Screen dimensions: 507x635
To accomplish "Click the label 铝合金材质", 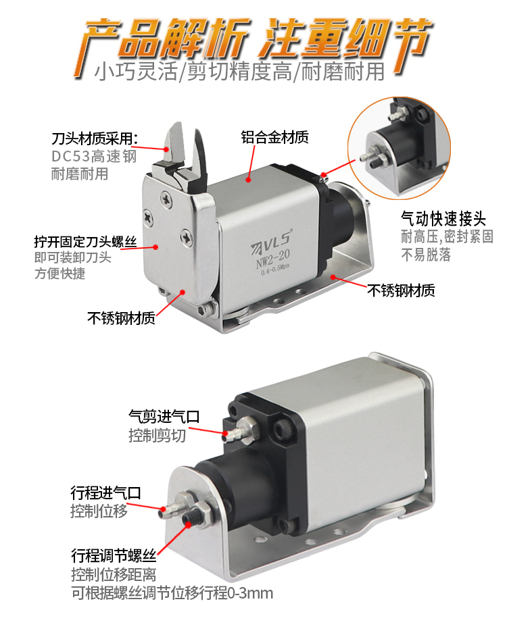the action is (274, 137).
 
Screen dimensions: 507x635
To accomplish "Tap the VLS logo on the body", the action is (271, 241).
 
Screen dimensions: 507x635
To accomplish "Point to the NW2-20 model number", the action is (272, 259).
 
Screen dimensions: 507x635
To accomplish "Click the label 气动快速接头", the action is (443, 219).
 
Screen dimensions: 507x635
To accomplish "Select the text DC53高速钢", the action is (93, 156).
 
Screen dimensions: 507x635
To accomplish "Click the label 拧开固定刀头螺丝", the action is (85, 242).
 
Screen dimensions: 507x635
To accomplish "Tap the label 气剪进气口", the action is (164, 416).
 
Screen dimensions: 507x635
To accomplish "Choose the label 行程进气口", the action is (105, 493).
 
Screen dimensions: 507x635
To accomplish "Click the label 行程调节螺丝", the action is (114, 555).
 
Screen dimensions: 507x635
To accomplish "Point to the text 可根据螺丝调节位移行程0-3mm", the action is (172, 593).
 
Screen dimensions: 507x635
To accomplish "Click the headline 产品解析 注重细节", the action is (254, 39).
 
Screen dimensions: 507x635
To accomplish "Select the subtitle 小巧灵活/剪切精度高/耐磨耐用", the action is (239, 72).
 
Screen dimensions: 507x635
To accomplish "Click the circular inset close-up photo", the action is (400, 148).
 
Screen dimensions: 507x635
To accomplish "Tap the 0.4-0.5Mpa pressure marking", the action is (274, 270).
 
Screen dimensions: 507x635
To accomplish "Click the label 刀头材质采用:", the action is (95, 139).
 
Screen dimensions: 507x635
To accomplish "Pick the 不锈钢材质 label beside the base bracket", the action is (401, 290).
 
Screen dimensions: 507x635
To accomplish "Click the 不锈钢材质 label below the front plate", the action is (121, 318).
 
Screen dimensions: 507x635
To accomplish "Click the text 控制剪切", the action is (158, 436).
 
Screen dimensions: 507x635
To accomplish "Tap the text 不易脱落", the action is (426, 255).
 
